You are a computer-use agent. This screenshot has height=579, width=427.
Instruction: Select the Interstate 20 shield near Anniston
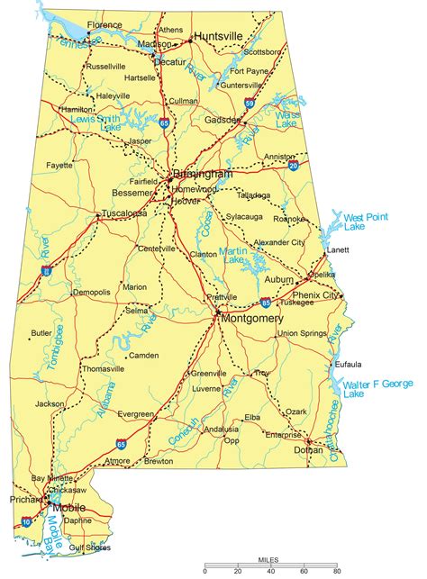pos(294,165)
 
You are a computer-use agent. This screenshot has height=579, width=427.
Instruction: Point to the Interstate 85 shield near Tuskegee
pos(266,303)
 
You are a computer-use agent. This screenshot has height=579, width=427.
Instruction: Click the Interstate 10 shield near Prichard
pos(25,521)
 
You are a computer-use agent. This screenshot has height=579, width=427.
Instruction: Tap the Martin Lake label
pos(233,255)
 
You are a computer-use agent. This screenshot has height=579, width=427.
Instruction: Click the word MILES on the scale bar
pos(269,559)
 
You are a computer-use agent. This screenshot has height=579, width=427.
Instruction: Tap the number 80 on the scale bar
pos(335,571)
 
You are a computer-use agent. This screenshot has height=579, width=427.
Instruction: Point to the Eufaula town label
pos(347,364)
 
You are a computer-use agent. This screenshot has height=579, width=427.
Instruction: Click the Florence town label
pos(104,24)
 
